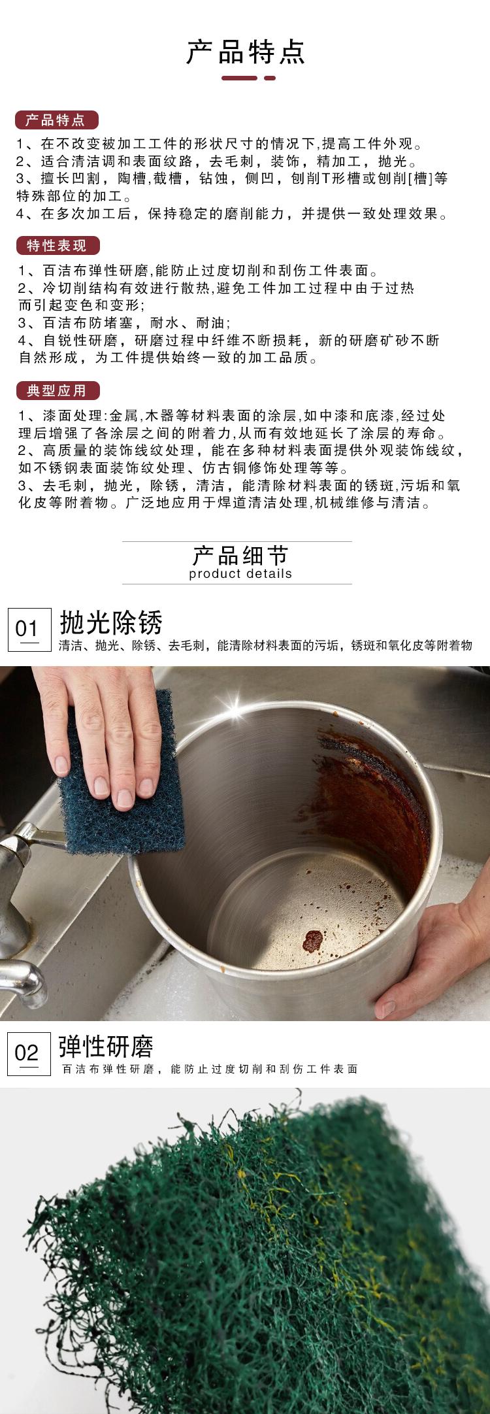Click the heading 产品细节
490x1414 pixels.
pyautogui.click(x=240, y=556)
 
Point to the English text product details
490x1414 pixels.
pyautogui.click(x=240, y=575)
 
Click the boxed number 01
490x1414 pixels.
pyautogui.click(x=27, y=630)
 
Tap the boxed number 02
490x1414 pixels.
pyautogui.click(x=27, y=1053)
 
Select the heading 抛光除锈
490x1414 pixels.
pyautogui.click(x=110, y=623)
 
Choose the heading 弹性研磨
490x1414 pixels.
pyautogui.click(x=106, y=1047)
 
